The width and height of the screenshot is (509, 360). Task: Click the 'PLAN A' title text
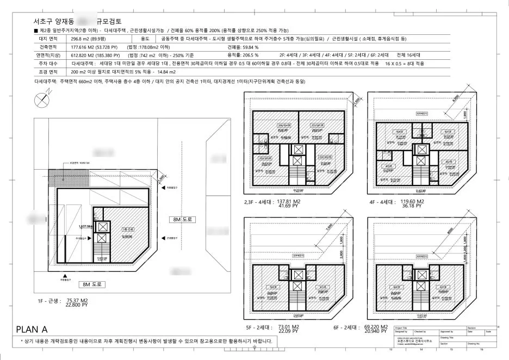point(33,328)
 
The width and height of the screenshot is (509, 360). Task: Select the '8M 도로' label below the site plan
point(91,284)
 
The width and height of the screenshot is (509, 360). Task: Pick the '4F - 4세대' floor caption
point(384,201)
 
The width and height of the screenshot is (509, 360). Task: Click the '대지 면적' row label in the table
point(42,40)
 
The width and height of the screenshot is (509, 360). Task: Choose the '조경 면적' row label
point(42,71)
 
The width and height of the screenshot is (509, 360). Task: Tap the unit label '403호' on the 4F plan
point(389,166)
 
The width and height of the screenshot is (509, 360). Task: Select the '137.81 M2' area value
point(296,201)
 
